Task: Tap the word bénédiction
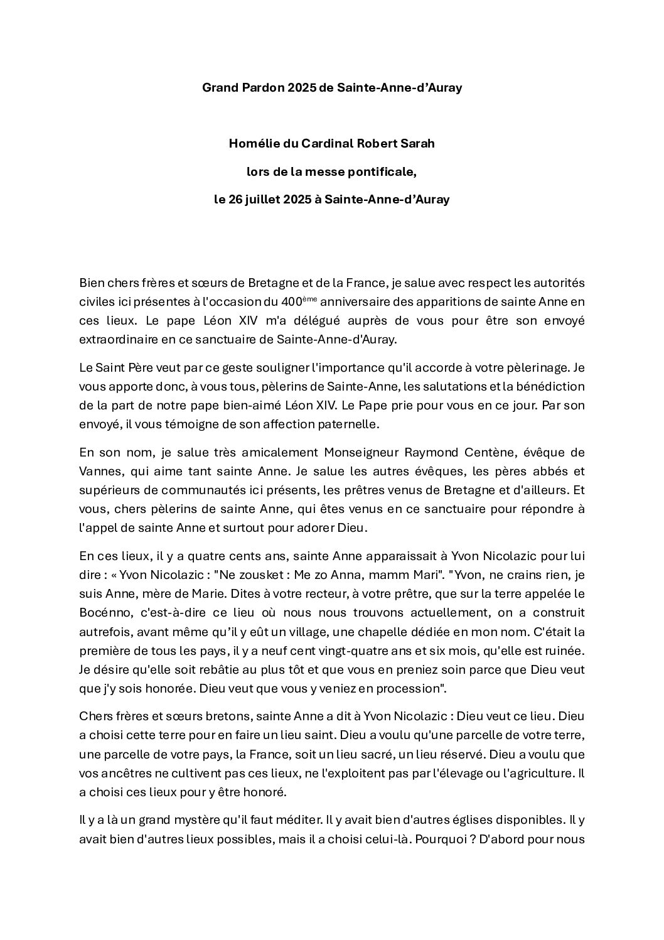coord(545,386)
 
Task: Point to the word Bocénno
coord(102,612)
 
